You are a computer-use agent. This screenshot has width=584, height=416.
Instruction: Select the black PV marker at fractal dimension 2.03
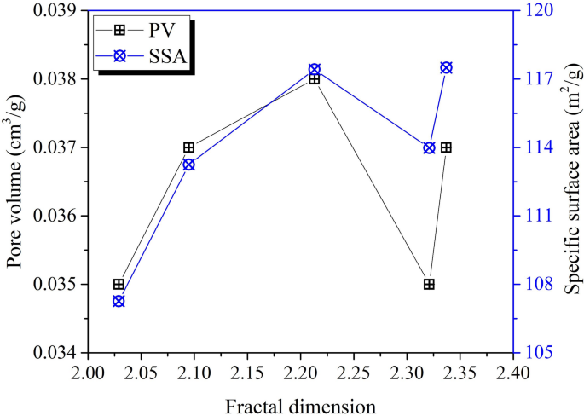[x=119, y=284]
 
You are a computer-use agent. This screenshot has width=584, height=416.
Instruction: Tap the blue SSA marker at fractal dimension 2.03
[x=119, y=301]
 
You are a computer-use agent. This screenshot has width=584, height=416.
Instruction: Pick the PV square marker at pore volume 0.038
[x=315, y=79]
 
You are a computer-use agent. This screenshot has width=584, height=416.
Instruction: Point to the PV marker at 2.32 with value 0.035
[x=429, y=284]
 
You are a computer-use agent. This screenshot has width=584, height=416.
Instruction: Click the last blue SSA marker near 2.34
[x=446, y=67]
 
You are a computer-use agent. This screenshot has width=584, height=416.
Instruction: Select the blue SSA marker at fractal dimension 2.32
[x=429, y=147]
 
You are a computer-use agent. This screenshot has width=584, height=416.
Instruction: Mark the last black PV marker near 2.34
[x=446, y=147]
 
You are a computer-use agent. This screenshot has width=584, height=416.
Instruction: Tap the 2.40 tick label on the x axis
[x=512, y=372]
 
